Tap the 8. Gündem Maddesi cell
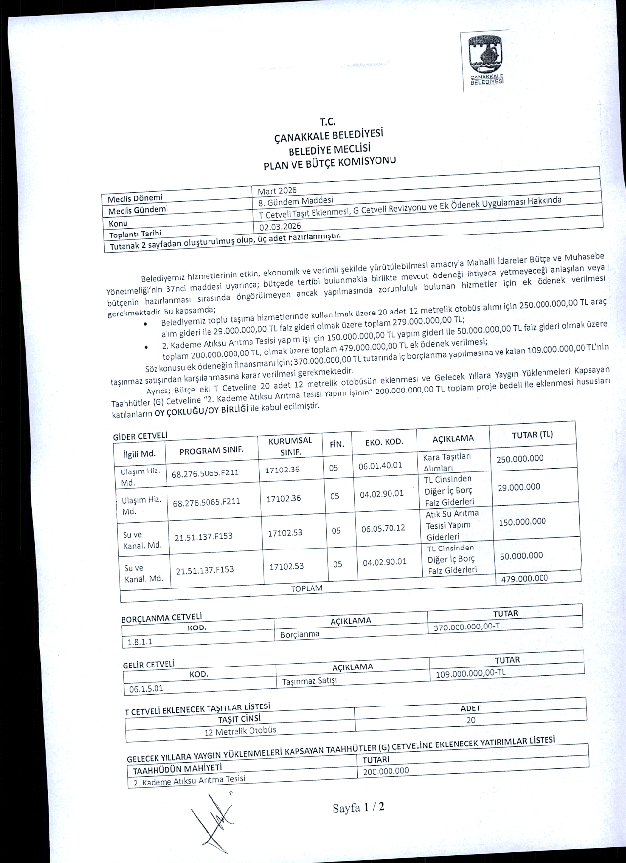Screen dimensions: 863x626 (295, 201)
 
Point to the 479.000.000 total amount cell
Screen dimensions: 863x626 (524, 578)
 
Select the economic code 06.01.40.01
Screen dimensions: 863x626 (380, 465)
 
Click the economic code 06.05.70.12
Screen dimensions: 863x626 (382, 528)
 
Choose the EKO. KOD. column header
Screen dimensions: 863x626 (384, 442)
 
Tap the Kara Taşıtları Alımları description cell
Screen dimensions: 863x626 (447, 462)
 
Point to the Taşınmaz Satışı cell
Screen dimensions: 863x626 (309, 681)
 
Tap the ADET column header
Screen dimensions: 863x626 (470, 708)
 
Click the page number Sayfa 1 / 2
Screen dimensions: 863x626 (358, 808)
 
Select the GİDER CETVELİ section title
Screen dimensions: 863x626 (140, 436)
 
